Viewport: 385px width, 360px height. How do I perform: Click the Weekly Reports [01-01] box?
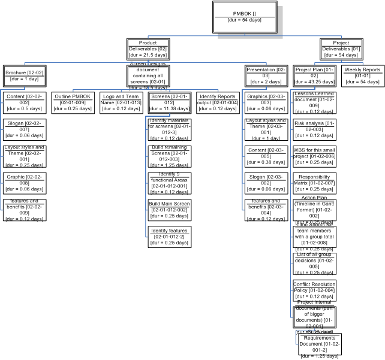click(362, 75)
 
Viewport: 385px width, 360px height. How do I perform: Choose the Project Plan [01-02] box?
click(315, 75)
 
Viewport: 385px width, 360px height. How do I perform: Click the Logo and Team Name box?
click(121, 102)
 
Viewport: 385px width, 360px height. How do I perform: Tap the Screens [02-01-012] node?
click(169, 102)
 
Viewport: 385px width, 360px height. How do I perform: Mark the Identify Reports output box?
click(217, 102)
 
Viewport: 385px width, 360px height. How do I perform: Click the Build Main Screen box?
click(169, 210)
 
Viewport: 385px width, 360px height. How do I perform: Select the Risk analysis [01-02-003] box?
click(315, 129)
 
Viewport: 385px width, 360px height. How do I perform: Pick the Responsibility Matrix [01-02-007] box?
click(315, 183)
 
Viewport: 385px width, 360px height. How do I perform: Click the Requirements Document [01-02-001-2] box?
click(319, 346)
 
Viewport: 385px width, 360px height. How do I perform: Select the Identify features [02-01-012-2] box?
click(169, 237)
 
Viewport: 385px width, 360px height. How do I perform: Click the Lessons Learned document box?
click(315, 102)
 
